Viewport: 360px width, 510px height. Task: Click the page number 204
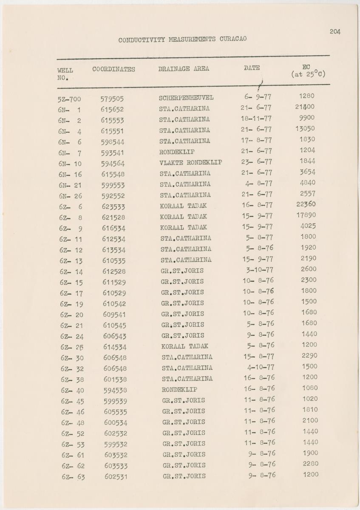(x=334, y=31)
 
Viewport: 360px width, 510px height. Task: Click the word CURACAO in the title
(x=233, y=39)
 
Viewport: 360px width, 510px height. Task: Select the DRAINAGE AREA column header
(x=184, y=68)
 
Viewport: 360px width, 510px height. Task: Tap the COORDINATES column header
(x=113, y=69)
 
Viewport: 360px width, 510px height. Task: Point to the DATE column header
(x=252, y=68)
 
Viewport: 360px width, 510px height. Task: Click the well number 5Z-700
(x=69, y=99)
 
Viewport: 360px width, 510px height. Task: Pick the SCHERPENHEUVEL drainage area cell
(x=186, y=98)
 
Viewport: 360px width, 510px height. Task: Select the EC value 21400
(x=305, y=107)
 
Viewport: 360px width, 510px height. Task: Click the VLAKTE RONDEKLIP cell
(x=190, y=163)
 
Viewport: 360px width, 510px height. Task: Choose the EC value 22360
(x=306, y=204)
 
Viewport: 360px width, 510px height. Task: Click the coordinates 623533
(x=113, y=207)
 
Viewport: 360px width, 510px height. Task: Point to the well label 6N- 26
(x=70, y=196)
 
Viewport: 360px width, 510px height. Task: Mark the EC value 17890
(x=306, y=215)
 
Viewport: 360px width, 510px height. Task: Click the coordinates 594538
(x=115, y=390)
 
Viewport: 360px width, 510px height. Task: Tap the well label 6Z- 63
(x=73, y=477)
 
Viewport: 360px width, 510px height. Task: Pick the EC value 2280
(x=311, y=464)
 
